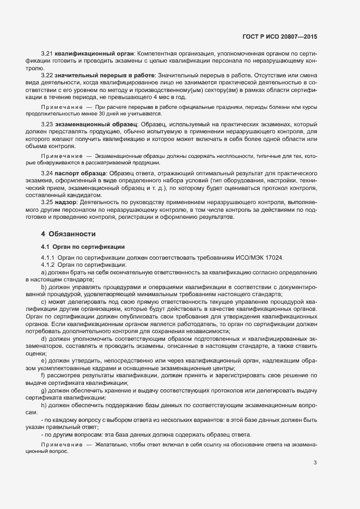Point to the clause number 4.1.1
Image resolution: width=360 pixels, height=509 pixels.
48,257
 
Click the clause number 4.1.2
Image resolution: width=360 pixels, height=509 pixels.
48,265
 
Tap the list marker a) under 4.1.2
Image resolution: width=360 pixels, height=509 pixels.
44,272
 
